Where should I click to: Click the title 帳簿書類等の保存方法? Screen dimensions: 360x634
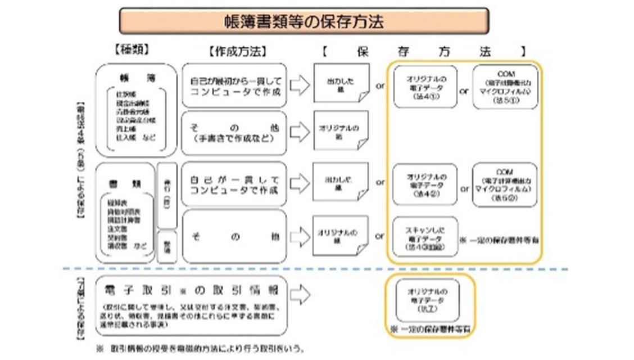304,22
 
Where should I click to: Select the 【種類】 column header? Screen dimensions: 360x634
131,50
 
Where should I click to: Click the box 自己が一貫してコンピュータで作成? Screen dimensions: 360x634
235,184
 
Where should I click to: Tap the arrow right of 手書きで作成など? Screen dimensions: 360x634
301,133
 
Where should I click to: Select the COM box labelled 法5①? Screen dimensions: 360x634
505,85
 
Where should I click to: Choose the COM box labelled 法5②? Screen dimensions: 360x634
505,184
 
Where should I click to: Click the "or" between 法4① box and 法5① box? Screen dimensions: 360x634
464,90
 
